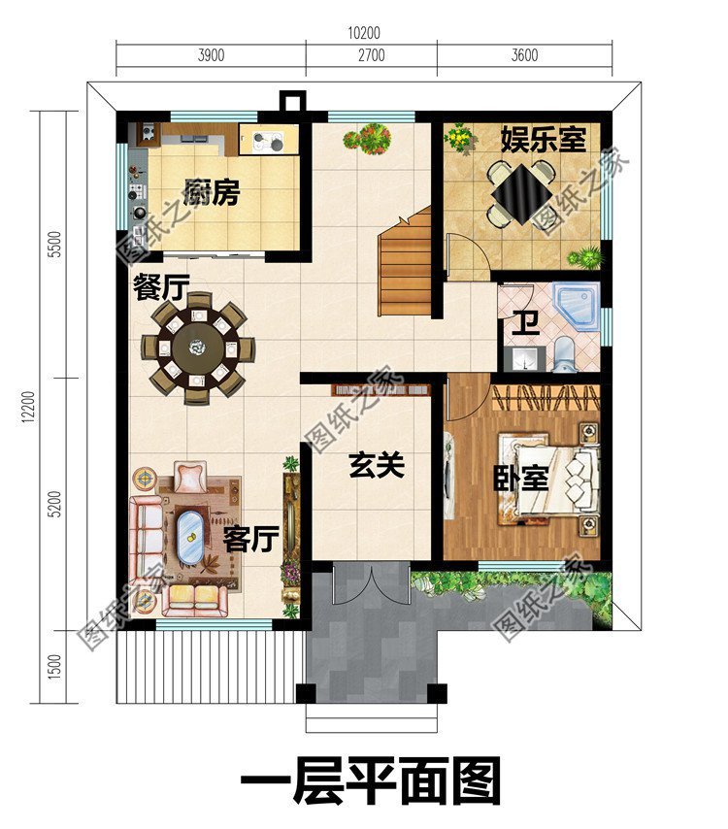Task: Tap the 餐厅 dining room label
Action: click(161, 286)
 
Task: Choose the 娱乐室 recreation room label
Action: click(544, 139)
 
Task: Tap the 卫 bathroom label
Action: click(526, 322)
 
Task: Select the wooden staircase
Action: click(405, 267)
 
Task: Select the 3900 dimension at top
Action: click(211, 55)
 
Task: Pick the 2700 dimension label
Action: click(371, 55)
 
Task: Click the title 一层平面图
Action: click(370, 782)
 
